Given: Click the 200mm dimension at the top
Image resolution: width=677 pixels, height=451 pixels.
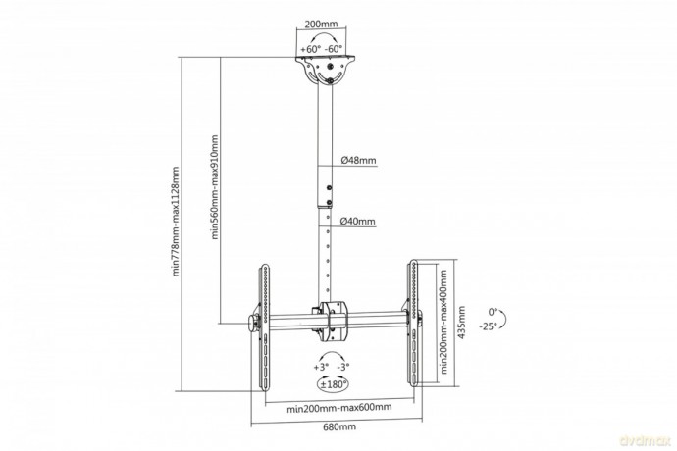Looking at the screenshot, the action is (x=321, y=24).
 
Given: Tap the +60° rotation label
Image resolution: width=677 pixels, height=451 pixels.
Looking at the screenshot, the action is (x=311, y=49).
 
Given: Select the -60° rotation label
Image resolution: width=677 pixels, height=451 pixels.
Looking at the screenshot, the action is (x=334, y=49).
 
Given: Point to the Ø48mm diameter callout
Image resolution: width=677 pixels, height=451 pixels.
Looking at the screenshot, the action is (x=358, y=160).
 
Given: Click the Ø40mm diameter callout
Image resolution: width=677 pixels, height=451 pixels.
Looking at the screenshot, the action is (x=357, y=222).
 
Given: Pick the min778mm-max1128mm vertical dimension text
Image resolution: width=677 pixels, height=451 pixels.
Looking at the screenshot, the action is (x=176, y=221).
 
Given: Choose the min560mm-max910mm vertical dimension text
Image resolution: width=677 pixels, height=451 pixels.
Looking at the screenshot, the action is (x=215, y=187).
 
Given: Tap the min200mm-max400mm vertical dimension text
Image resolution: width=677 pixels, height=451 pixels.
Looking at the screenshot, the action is (x=443, y=322).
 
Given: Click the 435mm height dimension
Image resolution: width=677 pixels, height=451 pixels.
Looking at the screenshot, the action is (x=461, y=323).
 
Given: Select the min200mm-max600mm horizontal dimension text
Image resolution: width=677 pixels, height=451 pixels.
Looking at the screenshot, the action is (x=339, y=408).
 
